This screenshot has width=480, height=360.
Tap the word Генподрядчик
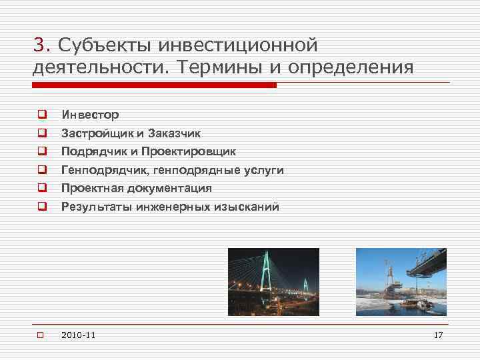point(105,170)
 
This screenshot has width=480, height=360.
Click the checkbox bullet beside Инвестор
point(41,115)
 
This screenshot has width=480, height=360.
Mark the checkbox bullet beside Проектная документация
point(41,189)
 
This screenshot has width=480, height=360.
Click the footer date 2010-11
point(77,334)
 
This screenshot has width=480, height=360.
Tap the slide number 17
point(437,334)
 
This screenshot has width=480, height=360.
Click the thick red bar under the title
point(154,85)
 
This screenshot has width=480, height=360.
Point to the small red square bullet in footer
point(41,334)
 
